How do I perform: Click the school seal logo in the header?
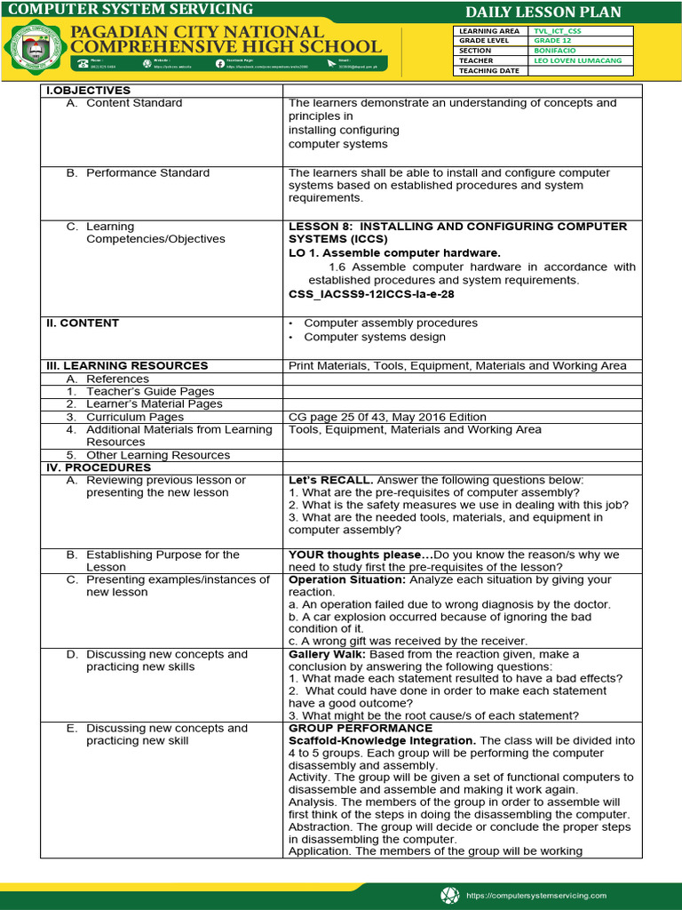tap(36, 47)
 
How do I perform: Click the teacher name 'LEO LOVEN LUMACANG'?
tap(578, 60)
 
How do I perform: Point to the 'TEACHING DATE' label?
tap(489, 71)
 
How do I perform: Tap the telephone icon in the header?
tap(83, 64)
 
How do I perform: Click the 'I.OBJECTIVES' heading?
tap(88, 91)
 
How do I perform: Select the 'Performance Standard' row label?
tap(147, 173)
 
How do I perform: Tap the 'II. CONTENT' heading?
tap(83, 323)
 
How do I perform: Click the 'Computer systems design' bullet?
tap(375, 338)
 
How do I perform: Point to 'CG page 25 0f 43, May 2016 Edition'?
tap(387, 417)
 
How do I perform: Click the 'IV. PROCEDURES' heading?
tap(99, 467)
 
